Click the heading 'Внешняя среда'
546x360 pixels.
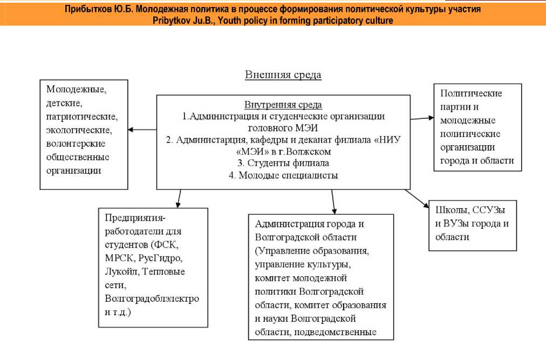point(283,75)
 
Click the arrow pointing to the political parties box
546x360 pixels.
point(421,117)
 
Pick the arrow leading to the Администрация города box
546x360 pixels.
point(333,201)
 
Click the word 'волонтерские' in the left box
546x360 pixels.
point(76,144)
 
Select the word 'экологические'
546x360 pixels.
point(79,130)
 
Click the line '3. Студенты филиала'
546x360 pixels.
point(283,163)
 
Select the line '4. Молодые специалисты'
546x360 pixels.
point(283,175)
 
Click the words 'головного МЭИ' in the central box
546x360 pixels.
point(283,128)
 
